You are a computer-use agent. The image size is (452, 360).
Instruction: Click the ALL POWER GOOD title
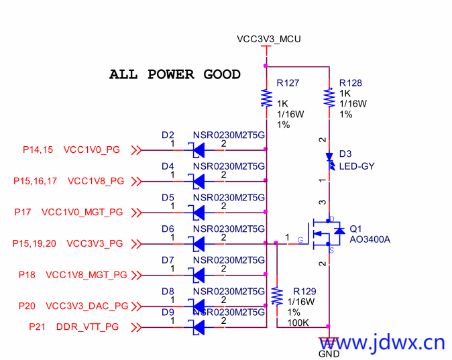click(x=174, y=74)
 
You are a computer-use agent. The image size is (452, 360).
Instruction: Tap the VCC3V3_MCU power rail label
click(x=269, y=39)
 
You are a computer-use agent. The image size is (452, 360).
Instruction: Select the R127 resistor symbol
click(x=266, y=99)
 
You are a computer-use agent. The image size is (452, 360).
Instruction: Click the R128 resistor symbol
click(x=329, y=98)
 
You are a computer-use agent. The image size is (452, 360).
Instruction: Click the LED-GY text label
click(x=357, y=166)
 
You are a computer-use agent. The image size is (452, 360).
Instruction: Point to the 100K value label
click(x=298, y=322)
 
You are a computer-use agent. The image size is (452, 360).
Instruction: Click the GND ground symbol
click(x=329, y=342)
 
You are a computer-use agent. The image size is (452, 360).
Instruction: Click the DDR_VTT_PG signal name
click(x=87, y=326)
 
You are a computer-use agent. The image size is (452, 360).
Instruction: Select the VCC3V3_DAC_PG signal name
click(x=87, y=306)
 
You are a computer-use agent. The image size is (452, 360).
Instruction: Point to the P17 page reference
click(x=23, y=213)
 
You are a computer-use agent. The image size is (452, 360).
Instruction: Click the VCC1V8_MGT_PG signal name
click(x=87, y=274)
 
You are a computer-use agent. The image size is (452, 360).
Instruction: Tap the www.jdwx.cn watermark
click(x=382, y=343)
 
